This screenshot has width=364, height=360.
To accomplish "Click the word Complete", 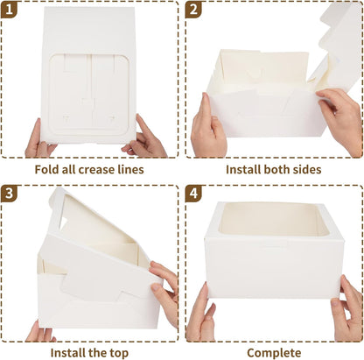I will (274, 352).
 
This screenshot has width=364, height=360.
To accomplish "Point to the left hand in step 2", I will (208, 127).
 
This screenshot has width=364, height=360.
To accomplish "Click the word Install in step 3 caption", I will (69, 352).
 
